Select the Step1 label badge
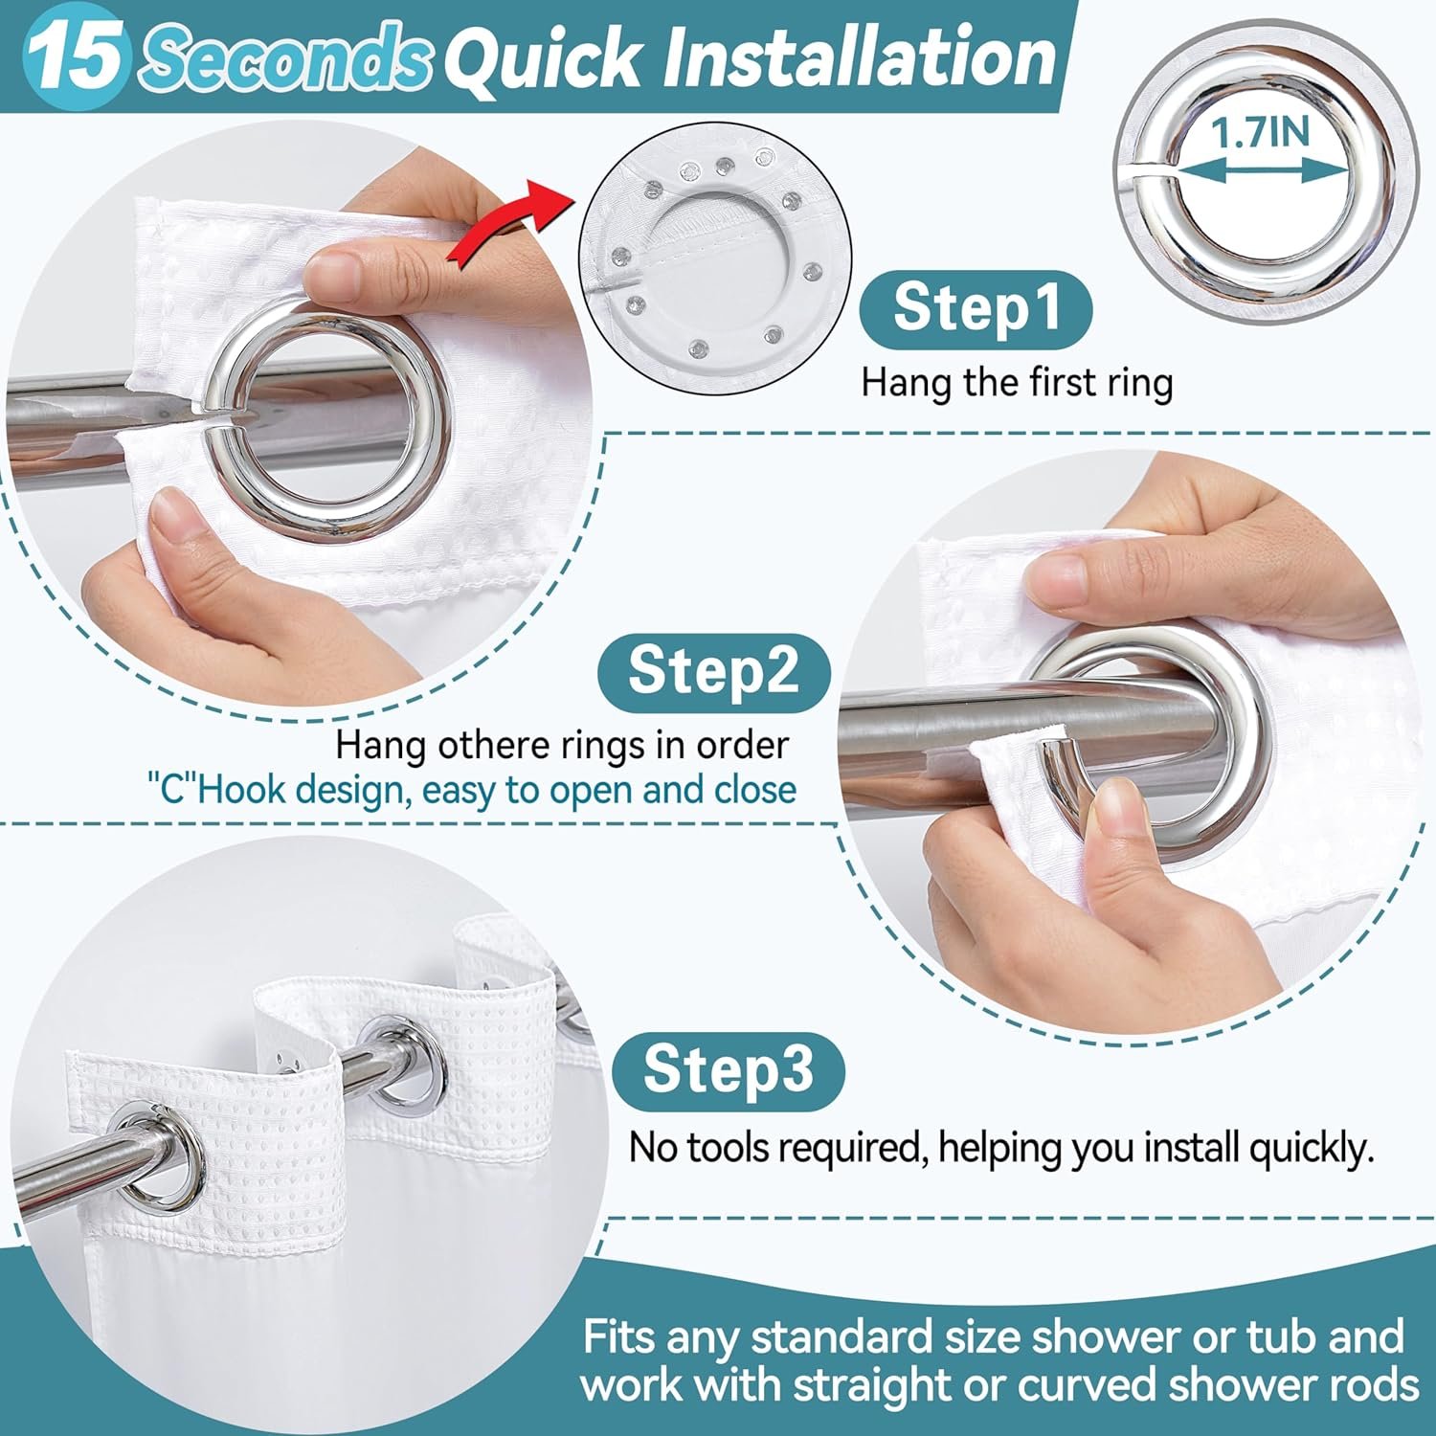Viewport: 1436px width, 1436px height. click(x=976, y=308)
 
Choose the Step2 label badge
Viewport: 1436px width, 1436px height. click(x=713, y=671)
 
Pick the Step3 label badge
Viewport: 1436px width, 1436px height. click(x=728, y=1070)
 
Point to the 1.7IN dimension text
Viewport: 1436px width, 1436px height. click(x=1261, y=132)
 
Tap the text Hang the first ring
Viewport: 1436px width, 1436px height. click(x=1017, y=383)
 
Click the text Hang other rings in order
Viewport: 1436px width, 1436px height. click(x=562, y=745)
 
